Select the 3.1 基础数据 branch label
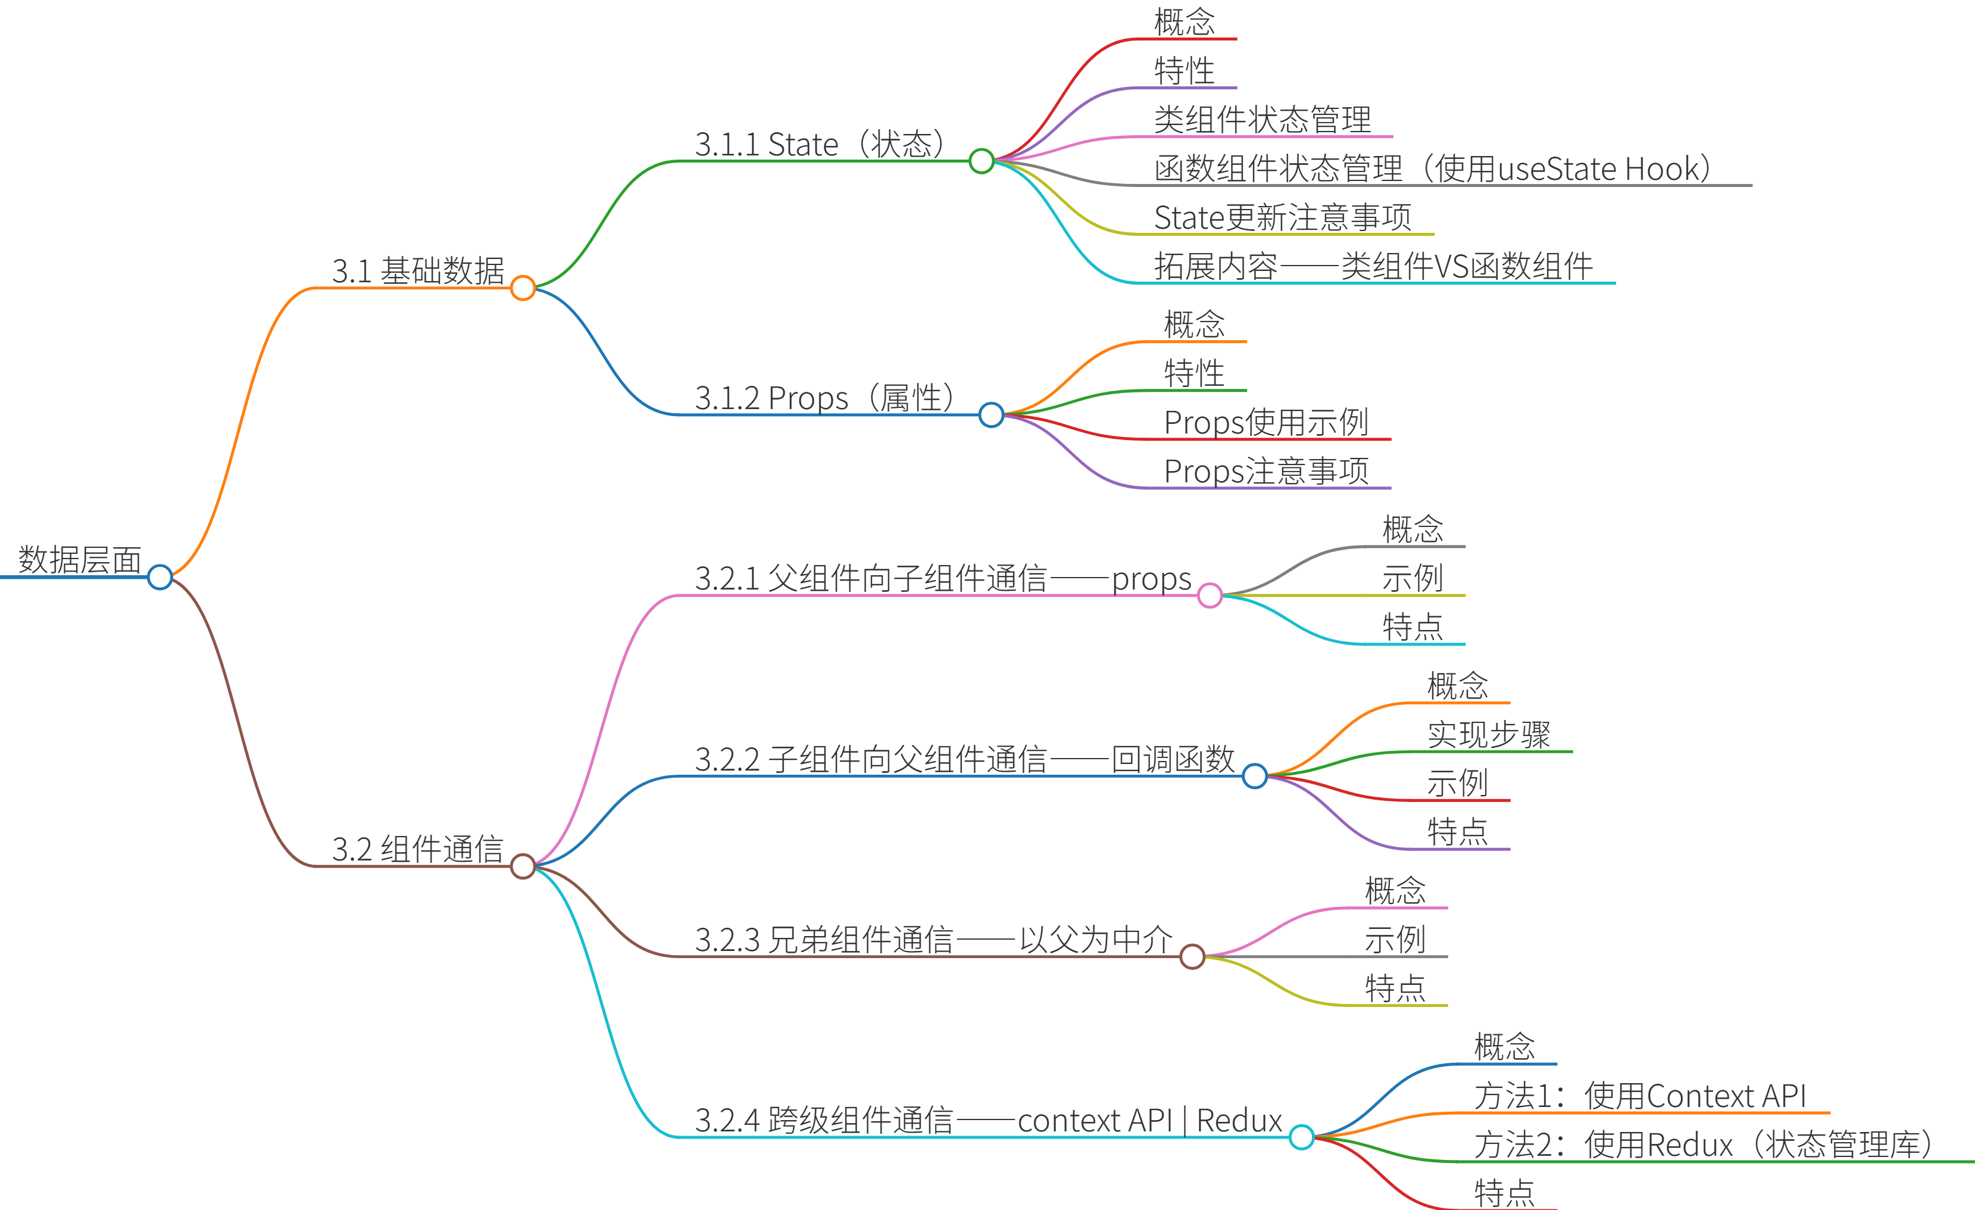418,271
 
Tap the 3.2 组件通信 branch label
418,849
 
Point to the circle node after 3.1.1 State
981,161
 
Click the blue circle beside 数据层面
160,576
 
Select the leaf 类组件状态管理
1262,120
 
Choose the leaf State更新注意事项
1283,217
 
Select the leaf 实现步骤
1489,734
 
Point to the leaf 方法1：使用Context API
1640,1096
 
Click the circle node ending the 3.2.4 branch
1302,1137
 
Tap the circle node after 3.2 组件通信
523,866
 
